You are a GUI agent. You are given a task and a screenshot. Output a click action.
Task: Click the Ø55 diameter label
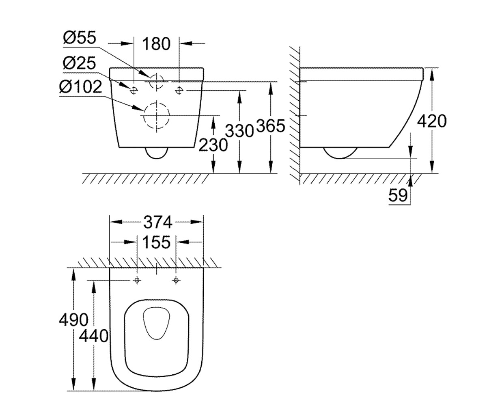tap(80, 38)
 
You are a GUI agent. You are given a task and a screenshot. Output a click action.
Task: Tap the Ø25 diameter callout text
tap(80, 63)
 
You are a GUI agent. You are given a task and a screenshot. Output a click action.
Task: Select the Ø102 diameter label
tap(81, 87)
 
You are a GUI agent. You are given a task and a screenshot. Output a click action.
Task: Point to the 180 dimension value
tap(156, 44)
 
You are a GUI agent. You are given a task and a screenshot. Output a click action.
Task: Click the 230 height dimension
tap(213, 145)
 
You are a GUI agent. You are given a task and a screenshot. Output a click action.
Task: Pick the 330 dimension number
tap(239, 131)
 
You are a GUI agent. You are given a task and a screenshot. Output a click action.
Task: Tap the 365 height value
tap(271, 126)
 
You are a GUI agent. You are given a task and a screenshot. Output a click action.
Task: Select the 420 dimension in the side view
tap(432, 121)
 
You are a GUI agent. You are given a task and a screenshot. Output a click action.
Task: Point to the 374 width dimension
tap(158, 222)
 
